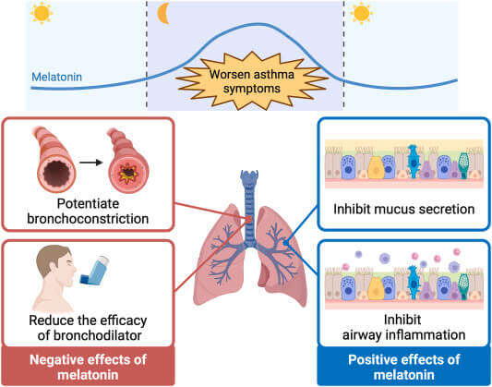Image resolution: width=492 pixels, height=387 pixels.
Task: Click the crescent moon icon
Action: click(x=162, y=13)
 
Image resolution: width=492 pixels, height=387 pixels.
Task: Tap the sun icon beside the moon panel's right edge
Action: click(x=361, y=14)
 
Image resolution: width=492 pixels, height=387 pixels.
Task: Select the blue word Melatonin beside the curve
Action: click(x=57, y=77)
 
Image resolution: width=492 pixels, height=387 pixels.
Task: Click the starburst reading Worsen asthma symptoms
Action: click(x=251, y=81)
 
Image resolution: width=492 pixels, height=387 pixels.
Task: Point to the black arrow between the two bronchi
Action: click(x=91, y=163)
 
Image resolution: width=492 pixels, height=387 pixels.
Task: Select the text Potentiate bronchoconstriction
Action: click(x=88, y=212)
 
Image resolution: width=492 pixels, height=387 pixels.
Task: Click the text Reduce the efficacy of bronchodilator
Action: click(x=89, y=328)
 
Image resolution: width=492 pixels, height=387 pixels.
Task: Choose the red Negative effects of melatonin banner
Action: click(x=89, y=366)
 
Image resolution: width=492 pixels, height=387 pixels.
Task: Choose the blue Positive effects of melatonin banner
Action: click(x=403, y=366)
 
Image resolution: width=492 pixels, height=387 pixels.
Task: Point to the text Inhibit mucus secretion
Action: click(x=403, y=209)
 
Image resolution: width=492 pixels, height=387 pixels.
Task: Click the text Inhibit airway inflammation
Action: click(x=403, y=327)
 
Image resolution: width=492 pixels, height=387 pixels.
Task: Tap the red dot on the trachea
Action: click(x=249, y=220)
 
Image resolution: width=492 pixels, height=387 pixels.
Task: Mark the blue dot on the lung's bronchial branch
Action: click(x=286, y=243)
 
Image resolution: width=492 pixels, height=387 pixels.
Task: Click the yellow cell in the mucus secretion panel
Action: click(x=375, y=167)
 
